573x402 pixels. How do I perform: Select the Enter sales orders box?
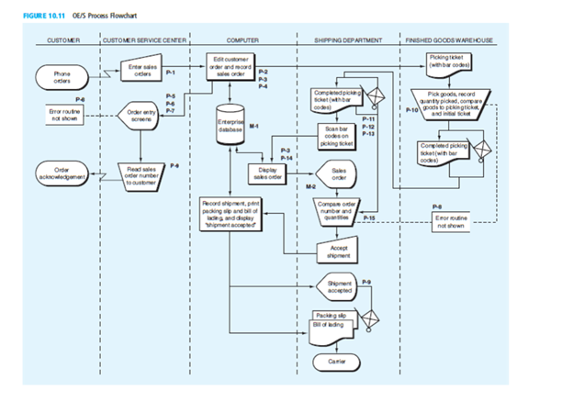[141, 70]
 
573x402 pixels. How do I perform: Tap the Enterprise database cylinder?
[228, 128]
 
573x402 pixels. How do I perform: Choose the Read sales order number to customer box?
[141, 173]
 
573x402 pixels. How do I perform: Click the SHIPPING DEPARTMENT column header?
[346, 41]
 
